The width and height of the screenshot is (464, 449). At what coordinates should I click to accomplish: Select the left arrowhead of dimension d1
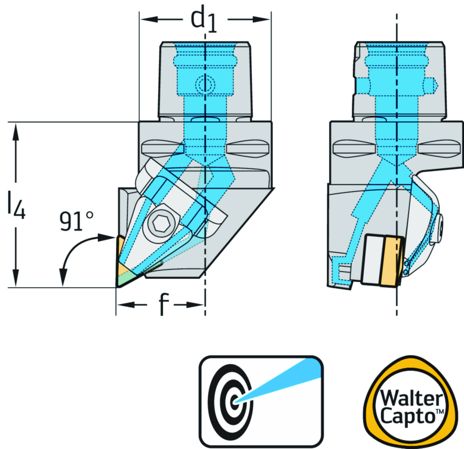(x=146, y=20)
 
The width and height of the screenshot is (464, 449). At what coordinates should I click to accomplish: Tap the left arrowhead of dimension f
(x=122, y=305)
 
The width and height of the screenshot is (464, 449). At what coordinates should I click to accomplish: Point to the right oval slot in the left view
(x=248, y=148)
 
